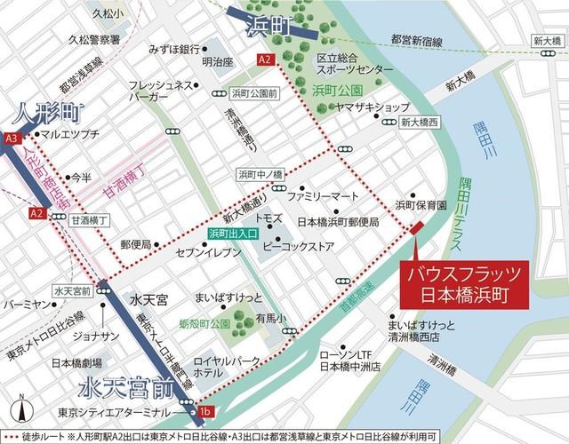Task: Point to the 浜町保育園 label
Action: point(421,203)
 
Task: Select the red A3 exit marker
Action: point(12,139)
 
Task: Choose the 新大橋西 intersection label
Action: point(420,123)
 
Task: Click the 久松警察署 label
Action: point(100,40)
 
